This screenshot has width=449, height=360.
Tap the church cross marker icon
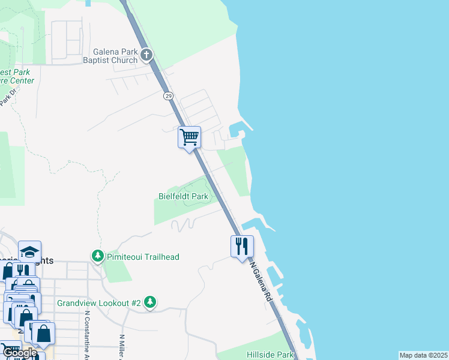tap(146, 56)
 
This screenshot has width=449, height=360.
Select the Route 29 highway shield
tap(169, 96)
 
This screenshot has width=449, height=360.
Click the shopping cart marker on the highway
tap(189, 137)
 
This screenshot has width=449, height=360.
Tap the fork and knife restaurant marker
tap(241, 245)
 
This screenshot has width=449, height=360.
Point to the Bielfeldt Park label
tap(183, 196)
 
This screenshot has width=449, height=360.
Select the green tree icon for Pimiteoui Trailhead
tap(97, 256)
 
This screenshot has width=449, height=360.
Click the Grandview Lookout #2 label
tap(98, 303)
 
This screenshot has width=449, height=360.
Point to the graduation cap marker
tap(29, 251)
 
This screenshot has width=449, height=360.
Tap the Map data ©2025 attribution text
tap(423, 355)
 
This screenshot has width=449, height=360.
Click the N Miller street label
tap(122, 347)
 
